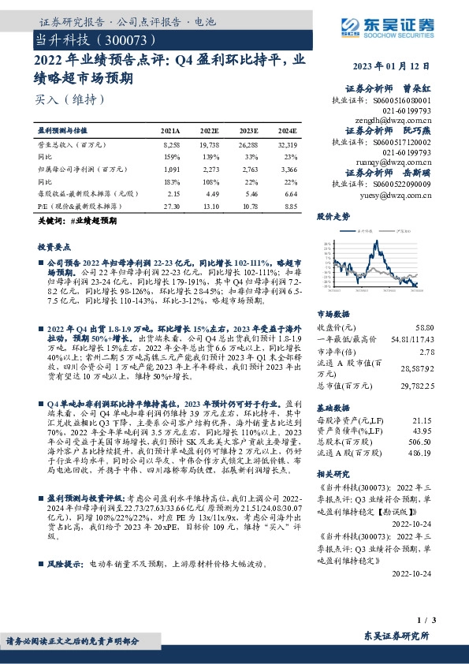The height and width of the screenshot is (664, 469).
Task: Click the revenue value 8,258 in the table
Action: coord(171,146)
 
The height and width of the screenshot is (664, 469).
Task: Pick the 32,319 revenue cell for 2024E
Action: coord(288,146)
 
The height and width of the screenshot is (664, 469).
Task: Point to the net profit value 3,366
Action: coord(288,169)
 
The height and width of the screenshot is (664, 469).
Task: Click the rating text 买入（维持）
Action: coord(69,99)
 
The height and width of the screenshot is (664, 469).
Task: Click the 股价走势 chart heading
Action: coord(333,215)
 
